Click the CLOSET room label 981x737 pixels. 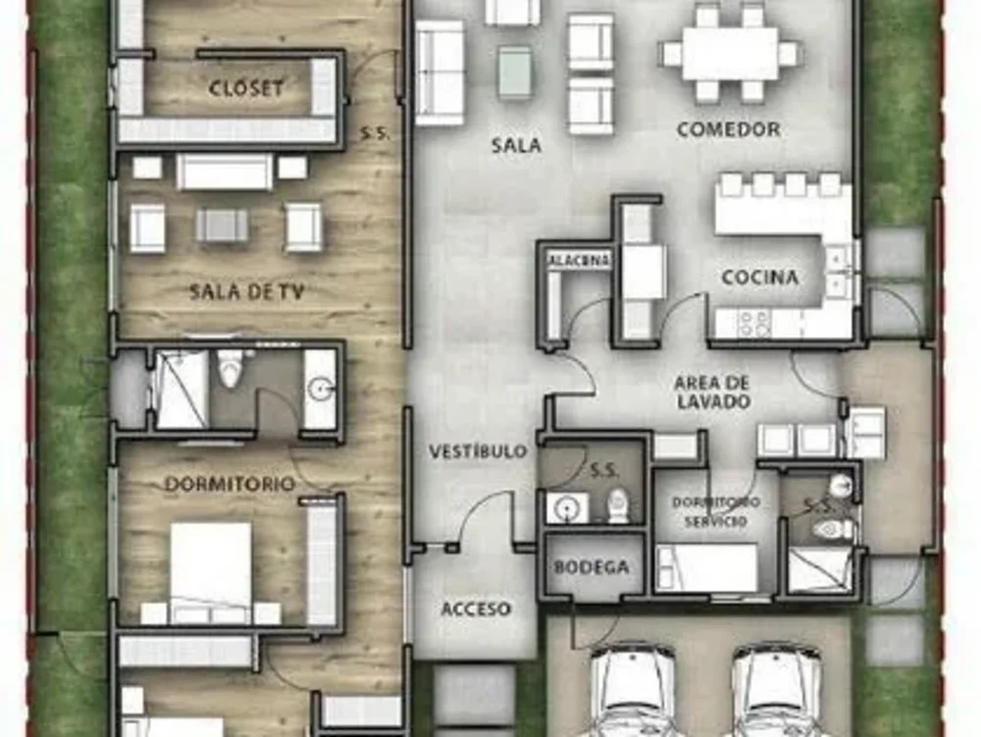246,87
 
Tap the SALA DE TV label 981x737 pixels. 245,290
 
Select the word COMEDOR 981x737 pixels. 728,129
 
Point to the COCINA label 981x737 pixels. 760,277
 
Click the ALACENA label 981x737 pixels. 579,260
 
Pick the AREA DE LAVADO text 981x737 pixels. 712,391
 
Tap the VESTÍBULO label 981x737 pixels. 478,451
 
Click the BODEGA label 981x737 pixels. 591,567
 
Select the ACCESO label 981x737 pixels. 476,608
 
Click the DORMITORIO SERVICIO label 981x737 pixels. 715,511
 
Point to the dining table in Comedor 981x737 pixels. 730,53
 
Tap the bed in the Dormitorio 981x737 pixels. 211,571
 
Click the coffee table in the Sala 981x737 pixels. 514,73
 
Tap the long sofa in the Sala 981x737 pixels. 439,73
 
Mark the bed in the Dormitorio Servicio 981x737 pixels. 706,567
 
